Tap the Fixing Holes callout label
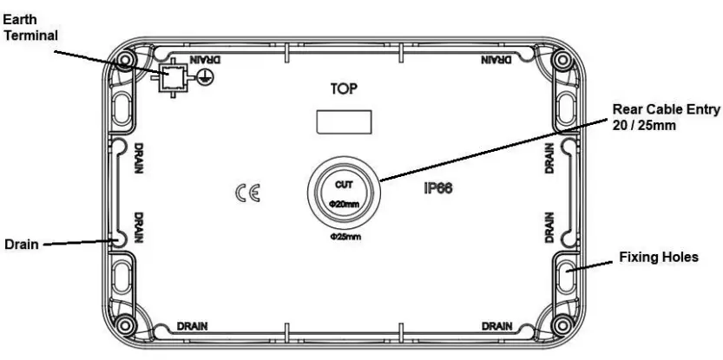coord(659,258)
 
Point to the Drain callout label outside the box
coord(20,244)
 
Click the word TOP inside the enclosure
coord(344,89)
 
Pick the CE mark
coord(246,191)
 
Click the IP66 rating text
coord(440,187)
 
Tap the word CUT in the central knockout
coord(344,185)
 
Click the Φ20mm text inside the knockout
coord(344,204)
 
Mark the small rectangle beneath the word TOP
coord(344,121)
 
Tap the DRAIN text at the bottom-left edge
coord(193,327)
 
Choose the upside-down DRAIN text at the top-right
coord(496,60)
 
